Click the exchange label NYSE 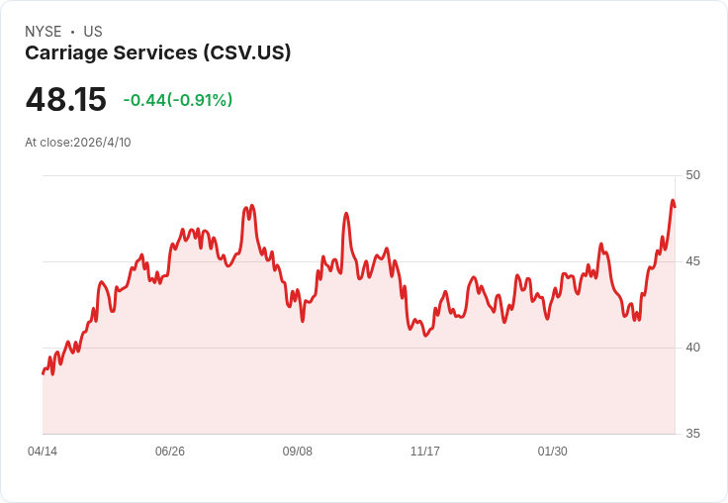point(44,32)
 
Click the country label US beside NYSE point(93,32)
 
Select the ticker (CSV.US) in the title point(247,52)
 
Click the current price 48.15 point(66,99)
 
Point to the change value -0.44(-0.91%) point(178,100)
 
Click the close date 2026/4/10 point(102,143)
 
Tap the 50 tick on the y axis point(692,175)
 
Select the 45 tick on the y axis point(692,261)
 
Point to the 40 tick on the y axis point(692,348)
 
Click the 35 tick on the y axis point(692,434)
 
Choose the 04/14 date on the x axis point(43,452)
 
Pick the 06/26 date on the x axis point(170,452)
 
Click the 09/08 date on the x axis point(298,452)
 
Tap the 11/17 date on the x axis point(424,452)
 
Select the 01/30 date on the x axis point(553,452)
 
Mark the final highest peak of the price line point(673,200)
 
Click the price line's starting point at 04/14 point(44,373)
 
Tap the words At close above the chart point(47,143)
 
